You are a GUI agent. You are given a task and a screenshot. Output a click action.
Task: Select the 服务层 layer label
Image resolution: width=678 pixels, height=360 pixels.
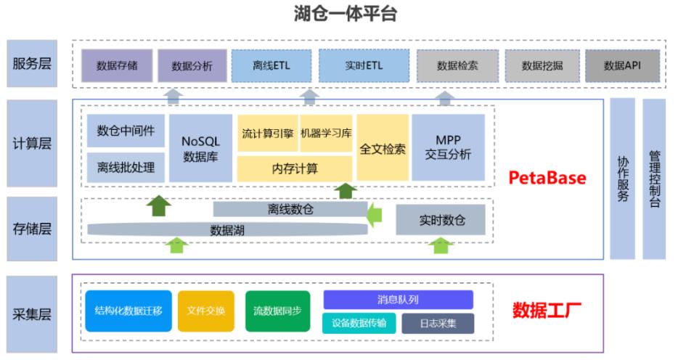[x=31, y=65]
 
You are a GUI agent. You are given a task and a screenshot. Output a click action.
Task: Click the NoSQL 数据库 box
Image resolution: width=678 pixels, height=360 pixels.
[x=200, y=148]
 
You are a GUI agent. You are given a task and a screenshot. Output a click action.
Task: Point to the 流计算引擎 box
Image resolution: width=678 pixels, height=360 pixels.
[x=266, y=134]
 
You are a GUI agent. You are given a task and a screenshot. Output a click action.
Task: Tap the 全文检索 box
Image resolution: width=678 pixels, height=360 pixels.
[x=382, y=148]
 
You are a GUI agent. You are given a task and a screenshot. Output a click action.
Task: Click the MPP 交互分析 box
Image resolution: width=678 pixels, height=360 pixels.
[x=448, y=148]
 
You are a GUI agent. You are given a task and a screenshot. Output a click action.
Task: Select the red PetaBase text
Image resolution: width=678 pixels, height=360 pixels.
[x=546, y=178]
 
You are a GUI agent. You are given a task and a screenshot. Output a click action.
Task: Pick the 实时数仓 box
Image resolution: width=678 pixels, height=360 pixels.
[x=440, y=220]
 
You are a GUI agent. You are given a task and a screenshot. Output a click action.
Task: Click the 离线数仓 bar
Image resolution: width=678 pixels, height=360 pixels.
[x=289, y=209]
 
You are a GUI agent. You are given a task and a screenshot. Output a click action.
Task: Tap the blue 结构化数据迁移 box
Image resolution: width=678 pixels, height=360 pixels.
[x=128, y=311]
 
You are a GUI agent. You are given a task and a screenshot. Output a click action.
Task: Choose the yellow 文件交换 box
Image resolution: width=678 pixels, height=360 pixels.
[x=206, y=311]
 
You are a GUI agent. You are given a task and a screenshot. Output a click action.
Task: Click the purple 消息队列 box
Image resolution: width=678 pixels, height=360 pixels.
[x=398, y=299]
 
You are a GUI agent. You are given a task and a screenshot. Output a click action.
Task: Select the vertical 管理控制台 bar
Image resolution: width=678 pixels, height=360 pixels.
[x=654, y=179]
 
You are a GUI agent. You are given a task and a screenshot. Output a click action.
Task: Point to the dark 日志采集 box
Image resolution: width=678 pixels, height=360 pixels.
[x=437, y=323]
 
